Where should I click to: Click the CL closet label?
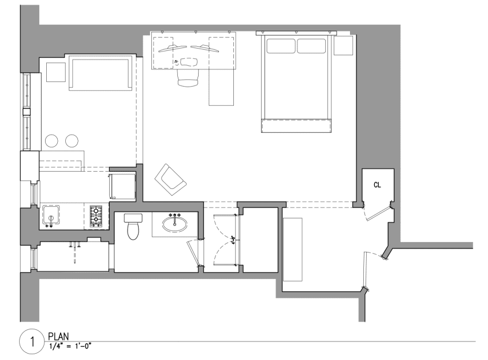tap(377, 185)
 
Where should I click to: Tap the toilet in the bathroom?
tap(133, 227)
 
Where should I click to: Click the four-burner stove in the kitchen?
tap(96, 216)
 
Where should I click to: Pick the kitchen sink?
tap(52, 215)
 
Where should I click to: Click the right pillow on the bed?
tap(312, 46)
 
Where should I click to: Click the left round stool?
tap(53, 140)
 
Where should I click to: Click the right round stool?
tap(72, 140)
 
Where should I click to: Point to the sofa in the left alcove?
tap(99, 73)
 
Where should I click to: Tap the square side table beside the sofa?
tap(55, 72)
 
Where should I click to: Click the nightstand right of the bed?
tap(344, 45)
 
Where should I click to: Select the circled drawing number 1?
tap(29, 342)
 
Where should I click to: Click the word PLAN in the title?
tap(59, 335)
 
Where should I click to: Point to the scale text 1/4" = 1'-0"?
tap(70, 345)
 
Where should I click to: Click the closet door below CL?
tap(378, 212)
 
